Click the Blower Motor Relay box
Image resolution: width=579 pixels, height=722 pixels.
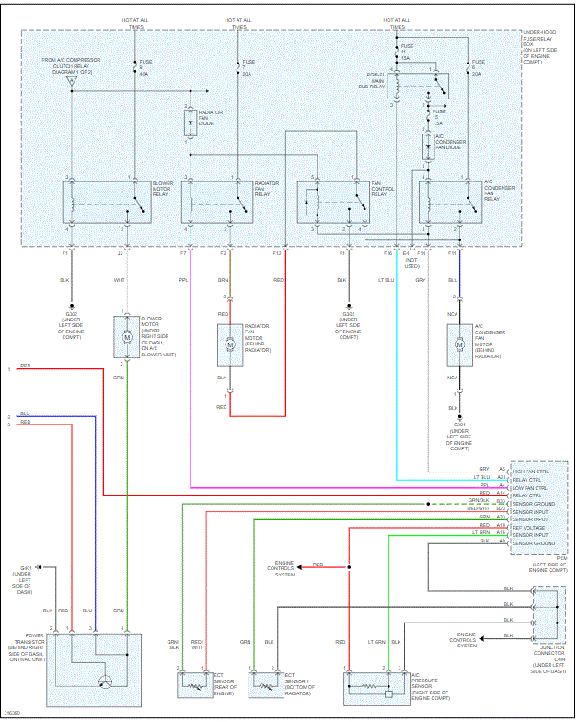tap(106, 202)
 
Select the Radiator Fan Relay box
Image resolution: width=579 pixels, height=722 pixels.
tap(216, 202)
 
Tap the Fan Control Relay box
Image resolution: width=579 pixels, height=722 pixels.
tap(330, 202)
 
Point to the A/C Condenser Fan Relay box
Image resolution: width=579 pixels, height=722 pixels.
tap(451, 202)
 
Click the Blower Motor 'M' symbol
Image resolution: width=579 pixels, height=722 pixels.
tap(127, 338)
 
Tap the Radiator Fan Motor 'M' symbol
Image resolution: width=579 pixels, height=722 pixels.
tap(231, 345)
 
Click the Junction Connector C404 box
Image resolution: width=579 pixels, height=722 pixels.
tap(547, 612)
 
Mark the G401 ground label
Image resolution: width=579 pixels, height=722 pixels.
tap(26, 568)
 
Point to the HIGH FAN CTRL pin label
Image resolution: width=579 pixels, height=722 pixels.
tap(529, 470)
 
